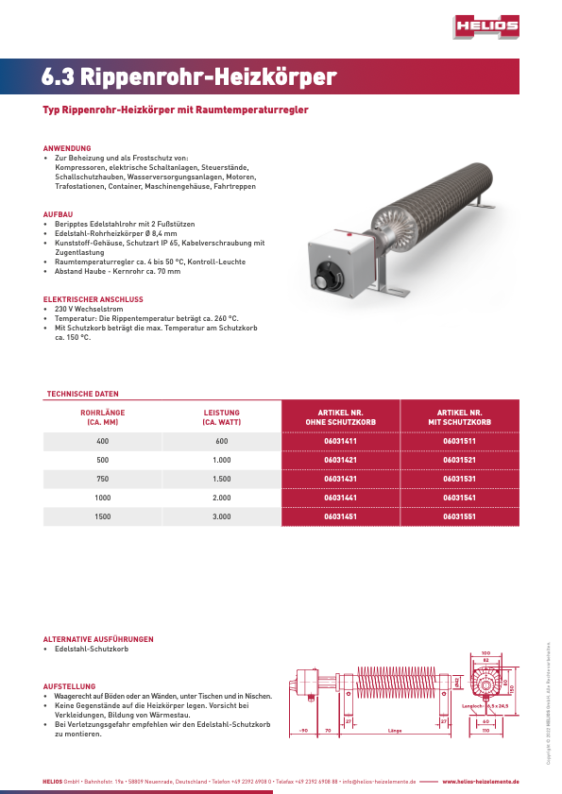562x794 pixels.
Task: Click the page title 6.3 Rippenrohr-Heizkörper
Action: pos(189,77)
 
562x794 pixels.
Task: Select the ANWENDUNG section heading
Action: pos(67,148)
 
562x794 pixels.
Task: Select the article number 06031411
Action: pos(340,441)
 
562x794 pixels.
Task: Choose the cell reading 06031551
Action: pos(459,517)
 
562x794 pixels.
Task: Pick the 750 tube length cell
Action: pos(103,480)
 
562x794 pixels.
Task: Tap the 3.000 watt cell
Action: pos(222,517)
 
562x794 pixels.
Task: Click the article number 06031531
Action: pos(459,480)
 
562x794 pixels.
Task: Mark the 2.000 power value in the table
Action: pos(222,498)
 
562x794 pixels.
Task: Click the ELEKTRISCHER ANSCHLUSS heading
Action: pos(94,299)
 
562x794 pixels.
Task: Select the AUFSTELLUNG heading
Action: pos(70,685)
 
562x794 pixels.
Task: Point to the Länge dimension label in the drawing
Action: pos(395,731)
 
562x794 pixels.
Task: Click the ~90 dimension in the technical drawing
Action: pos(304,731)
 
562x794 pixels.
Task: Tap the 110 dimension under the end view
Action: pos(485,731)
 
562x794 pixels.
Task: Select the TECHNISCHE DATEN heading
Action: pos(83,393)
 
